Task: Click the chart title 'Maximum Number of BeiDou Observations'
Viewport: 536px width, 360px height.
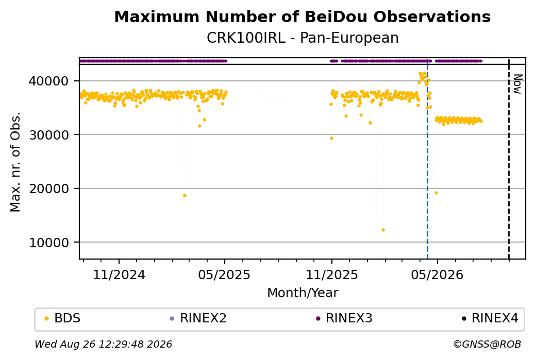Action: pos(302,16)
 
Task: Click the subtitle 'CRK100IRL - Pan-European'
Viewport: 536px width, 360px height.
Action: pos(303,38)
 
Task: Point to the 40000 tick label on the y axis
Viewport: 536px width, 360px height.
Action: pos(49,81)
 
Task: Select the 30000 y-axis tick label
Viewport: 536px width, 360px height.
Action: pos(49,135)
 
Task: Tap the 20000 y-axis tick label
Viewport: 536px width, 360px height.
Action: pos(49,188)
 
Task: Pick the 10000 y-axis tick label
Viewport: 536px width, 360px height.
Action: pos(49,243)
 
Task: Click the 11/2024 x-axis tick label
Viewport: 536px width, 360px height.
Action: pos(119,275)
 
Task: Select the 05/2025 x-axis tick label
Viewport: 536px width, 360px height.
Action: pos(224,275)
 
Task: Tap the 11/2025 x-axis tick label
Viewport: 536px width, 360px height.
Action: pos(331,275)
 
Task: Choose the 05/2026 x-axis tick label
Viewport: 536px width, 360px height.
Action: pos(437,275)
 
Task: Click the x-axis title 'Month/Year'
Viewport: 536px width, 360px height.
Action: pos(303,293)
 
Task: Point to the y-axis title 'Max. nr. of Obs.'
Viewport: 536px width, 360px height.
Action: pos(15,162)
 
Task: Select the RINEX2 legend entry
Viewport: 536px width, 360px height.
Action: pos(198,318)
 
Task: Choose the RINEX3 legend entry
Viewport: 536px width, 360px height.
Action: pos(344,318)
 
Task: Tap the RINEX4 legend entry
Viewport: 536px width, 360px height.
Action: pos(490,318)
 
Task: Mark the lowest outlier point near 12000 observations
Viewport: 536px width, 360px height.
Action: pos(383,230)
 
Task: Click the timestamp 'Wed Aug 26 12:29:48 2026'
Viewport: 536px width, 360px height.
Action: pos(103,344)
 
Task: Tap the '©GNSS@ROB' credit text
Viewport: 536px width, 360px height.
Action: pos(487,344)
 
